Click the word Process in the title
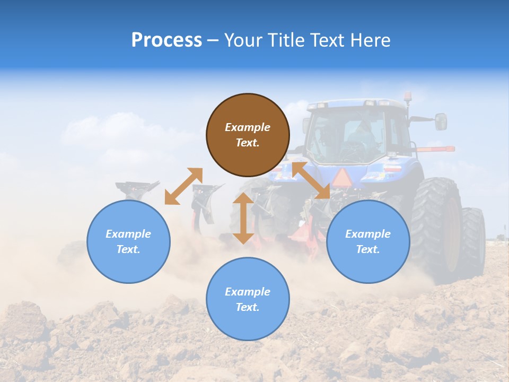166,40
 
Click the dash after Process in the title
213,41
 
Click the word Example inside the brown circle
248,127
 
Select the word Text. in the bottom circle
248,307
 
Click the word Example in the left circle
128,234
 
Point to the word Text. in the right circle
368,249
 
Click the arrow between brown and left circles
183,186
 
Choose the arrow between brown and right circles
311,180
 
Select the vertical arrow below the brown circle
243,218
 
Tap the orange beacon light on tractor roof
408,97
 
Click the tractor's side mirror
441,121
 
